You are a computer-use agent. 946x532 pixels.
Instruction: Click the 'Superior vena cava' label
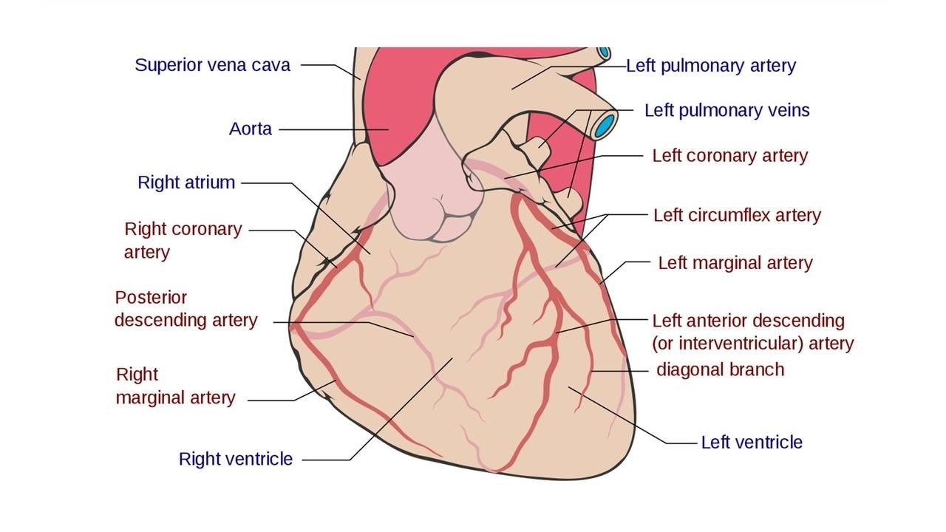212,65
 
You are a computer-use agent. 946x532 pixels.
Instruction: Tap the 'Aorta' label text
251,129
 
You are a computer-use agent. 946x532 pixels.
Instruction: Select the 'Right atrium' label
186,183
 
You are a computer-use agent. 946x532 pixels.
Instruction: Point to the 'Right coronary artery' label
183,240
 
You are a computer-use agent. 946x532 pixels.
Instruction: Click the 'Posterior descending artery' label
186,309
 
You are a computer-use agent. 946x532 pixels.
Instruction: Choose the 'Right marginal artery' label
175,386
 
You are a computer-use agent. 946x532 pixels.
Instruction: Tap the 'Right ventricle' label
236,460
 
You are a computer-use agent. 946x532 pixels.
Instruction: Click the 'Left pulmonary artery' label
710,66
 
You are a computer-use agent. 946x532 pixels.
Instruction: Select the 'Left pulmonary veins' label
726,111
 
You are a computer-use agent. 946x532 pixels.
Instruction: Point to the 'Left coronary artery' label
729,156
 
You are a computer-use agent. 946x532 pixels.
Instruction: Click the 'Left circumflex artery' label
737,215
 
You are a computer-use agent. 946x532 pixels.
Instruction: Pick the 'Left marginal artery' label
735,263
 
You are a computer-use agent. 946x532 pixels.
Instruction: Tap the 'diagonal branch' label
720,369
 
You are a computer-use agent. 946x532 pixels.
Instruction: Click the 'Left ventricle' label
751,443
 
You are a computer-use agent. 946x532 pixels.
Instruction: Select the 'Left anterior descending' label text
748,321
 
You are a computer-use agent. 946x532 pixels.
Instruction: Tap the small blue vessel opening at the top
605,52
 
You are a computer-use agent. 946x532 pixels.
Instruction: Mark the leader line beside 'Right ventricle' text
325,460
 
